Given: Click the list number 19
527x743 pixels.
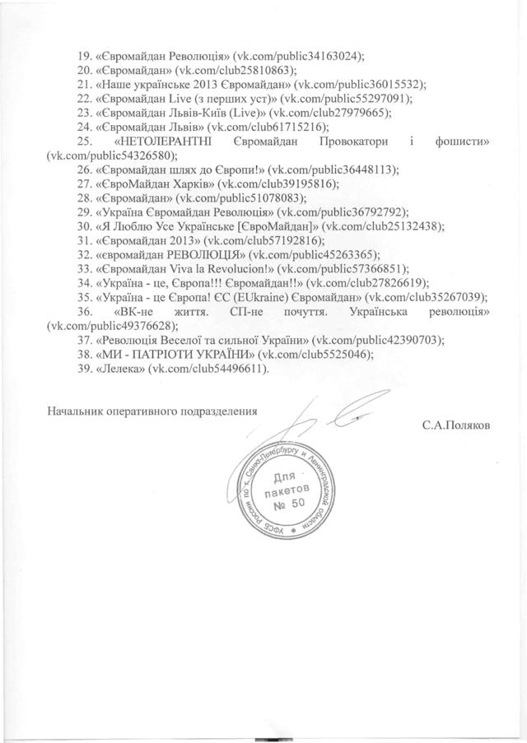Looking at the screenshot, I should (83, 57).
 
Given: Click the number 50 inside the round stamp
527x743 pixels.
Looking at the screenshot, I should (284, 503).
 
